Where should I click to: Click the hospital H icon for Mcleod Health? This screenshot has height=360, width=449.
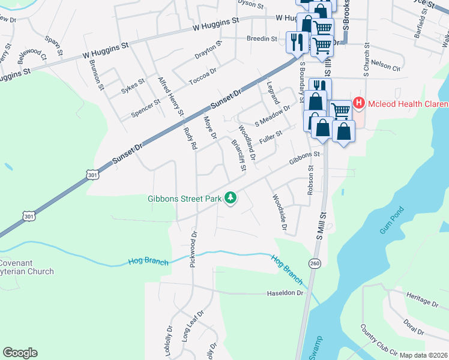(359, 103)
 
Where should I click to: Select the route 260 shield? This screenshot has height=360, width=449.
(315, 263)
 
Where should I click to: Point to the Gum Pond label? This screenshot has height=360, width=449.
(393, 220)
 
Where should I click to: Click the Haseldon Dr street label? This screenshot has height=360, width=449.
(285, 293)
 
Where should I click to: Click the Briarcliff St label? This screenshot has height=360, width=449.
(239, 155)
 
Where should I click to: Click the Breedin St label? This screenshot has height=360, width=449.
(262, 38)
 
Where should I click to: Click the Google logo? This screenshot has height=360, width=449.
(20, 353)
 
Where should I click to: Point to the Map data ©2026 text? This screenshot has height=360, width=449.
(424, 355)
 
